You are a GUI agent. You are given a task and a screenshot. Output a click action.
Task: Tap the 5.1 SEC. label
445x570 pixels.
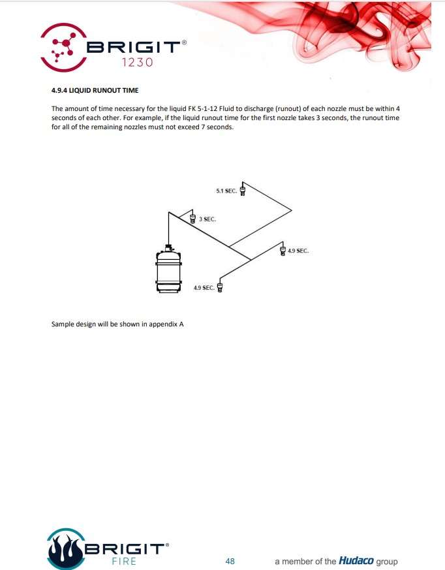pos(226,191)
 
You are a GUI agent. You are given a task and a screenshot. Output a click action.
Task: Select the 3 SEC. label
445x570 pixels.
pos(207,219)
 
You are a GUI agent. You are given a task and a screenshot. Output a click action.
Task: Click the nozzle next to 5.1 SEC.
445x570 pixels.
pos(243,190)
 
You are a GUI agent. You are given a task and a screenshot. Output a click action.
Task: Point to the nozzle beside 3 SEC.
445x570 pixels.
pos(192,218)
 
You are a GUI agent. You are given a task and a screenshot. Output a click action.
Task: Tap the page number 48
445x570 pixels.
pos(230,561)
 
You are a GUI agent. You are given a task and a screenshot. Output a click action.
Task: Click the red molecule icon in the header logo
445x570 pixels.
pos(63,46)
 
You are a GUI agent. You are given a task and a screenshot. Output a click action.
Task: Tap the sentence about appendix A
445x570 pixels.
pos(117,323)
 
